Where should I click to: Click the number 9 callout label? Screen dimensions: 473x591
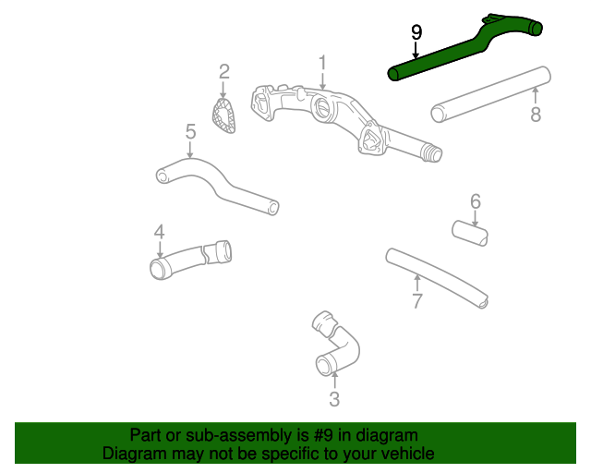pos(416,32)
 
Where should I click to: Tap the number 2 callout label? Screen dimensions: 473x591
pos(223,71)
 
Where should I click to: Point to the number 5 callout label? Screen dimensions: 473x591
pos(190,131)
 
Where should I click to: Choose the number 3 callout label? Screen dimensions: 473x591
pos(334,399)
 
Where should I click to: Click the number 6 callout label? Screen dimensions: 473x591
pos(476,200)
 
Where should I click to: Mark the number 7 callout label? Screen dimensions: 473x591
pos(417,301)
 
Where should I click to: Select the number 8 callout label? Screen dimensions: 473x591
pos(536,115)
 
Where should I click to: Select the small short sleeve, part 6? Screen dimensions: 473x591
pos(470,234)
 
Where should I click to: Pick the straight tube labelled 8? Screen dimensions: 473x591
pos(489,93)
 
